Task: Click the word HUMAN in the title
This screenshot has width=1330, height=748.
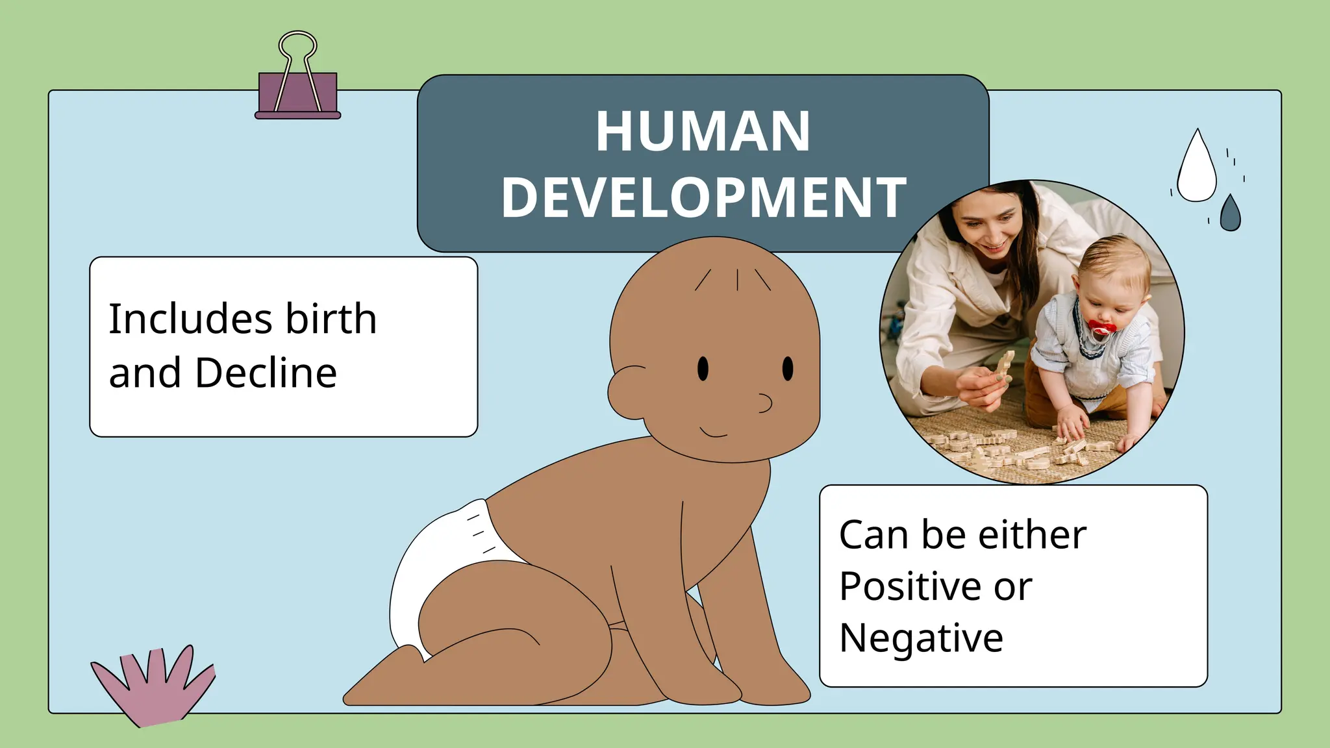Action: [x=703, y=132]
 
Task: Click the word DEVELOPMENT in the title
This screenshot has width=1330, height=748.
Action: [x=703, y=197]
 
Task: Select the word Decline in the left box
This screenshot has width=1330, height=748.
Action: [x=266, y=373]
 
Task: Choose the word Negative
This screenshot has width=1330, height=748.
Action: [x=921, y=638]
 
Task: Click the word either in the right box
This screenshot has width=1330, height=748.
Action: [x=1032, y=535]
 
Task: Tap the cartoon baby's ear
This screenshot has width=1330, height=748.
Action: [x=627, y=392]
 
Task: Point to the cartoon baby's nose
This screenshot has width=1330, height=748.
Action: [x=764, y=403]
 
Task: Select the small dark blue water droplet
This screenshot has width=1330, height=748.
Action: [x=1230, y=214]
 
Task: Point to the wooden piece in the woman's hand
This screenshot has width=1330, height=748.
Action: [x=1004, y=368]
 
